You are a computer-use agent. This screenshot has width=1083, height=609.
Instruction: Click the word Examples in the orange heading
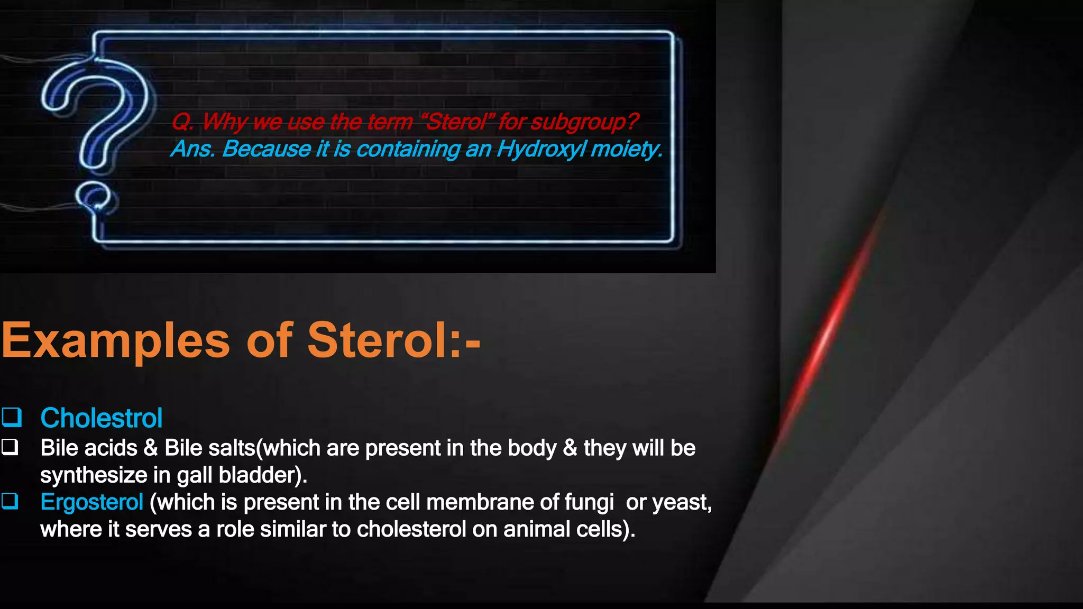click(x=115, y=341)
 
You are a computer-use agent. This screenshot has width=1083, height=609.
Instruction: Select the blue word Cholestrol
click(x=101, y=418)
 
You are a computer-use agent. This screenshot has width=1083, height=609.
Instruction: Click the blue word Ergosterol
click(x=91, y=502)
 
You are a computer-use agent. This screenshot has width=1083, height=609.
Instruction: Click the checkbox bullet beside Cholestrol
click(x=11, y=417)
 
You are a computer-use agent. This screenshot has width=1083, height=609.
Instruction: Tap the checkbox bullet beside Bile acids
click(x=10, y=447)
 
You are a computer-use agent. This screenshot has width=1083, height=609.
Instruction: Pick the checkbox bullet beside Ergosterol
click(x=10, y=501)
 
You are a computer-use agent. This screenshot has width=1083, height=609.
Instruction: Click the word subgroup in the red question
click(x=583, y=122)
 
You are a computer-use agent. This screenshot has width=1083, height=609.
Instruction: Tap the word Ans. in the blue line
click(x=193, y=149)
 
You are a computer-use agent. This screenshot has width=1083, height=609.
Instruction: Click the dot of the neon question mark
click(x=94, y=197)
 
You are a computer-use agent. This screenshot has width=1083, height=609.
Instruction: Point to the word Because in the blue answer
click(x=266, y=149)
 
